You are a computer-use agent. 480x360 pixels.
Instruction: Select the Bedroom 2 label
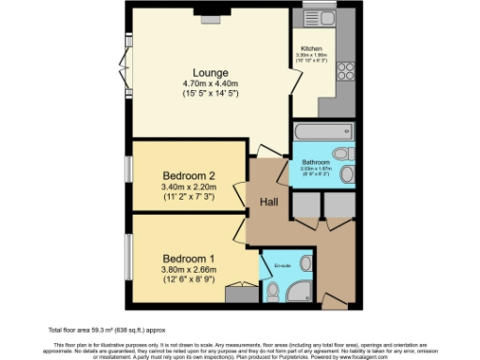coord(189,175)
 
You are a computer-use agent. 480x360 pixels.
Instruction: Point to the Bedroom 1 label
coord(188,258)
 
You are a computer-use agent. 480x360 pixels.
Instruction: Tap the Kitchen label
coord(311,48)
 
